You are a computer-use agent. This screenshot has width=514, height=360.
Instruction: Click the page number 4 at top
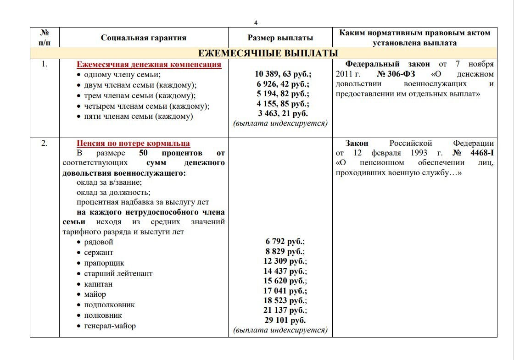coord(257,22)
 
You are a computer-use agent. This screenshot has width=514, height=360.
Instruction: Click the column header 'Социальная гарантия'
coord(144,38)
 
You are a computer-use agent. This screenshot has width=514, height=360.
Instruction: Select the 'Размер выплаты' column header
coord(280,38)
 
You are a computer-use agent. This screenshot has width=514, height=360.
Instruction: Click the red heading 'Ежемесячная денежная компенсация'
coord(149,64)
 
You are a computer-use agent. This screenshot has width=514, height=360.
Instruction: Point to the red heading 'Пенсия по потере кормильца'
coord(133,143)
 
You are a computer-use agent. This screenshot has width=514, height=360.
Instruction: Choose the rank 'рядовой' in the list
coord(98,242)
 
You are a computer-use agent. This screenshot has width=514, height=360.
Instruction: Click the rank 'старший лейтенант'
coord(118,273)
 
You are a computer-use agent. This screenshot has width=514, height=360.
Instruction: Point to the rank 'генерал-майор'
coord(110,326)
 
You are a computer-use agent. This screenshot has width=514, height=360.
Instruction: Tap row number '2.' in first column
coord(45,143)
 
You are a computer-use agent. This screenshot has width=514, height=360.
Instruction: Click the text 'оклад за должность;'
coord(113,192)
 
